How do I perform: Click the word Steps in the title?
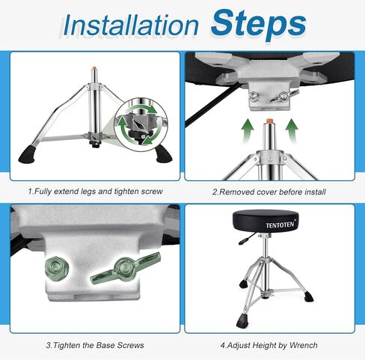[x=258, y=24]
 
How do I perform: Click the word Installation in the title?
[x=131, y=25]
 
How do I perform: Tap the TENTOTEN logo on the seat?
[x=280, y=225]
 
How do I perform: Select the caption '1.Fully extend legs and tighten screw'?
[x=95, y=192]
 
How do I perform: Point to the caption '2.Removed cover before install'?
[x=269, y=192]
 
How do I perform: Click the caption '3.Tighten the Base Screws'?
[x=95, y=345]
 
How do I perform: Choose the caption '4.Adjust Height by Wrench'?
[x=269, y=346]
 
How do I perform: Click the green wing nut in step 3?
[x=126, y=268]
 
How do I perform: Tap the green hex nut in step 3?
[x=57, y=267]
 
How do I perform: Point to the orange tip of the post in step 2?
[x=269, y=120]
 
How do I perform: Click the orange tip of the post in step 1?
[x=94, y=68]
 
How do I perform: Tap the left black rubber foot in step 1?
[x=28, y=155]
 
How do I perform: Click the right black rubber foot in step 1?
[x=164, y=155]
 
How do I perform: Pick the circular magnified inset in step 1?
[x=141, y=124]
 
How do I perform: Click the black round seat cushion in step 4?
[x=266, y=221]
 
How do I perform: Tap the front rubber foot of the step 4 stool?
[x=242, y=321]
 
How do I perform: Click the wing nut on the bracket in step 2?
[x=285, y=96]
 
